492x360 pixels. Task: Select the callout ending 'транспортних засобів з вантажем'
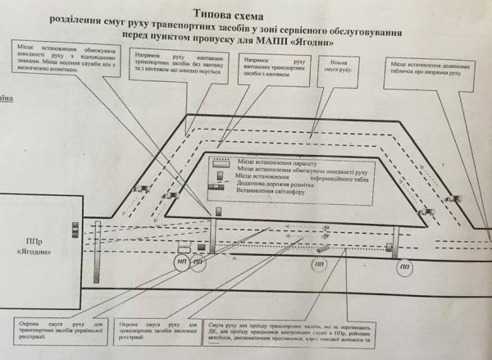click(x=276, y=71)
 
